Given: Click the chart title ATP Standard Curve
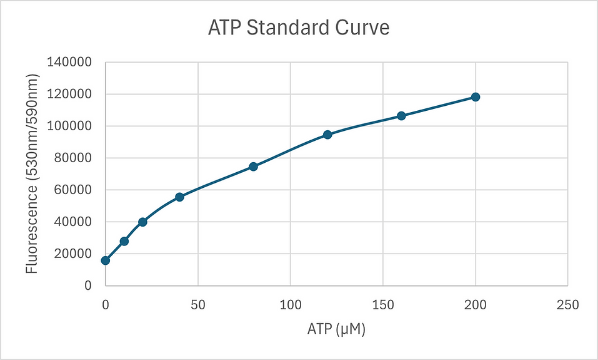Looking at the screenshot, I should [299, 28].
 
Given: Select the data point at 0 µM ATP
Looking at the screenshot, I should [106, 260].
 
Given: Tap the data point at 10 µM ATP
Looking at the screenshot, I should [124, 241].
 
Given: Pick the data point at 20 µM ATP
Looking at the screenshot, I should [142, 222].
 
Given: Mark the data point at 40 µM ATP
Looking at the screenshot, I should [179, 197].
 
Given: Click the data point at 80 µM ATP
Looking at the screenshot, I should [253, 167].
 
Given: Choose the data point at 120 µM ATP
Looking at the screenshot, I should [327, 135].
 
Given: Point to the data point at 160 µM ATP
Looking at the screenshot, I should [401, 116].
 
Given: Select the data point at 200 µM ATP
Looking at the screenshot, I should [476, 97].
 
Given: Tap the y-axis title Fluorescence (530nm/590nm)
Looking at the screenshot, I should [32, 173].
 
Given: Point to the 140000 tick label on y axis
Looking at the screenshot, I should [70, 62].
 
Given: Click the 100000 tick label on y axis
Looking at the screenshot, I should [70, 126].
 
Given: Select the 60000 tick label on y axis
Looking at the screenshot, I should [73, 190].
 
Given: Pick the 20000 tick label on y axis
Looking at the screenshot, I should [73, 254].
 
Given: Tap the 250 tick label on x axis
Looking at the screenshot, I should [567, 305].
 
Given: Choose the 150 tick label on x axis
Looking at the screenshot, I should [382, 305].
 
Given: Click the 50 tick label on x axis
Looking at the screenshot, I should [198, 305].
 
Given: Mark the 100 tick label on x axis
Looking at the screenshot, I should [290, 305].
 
